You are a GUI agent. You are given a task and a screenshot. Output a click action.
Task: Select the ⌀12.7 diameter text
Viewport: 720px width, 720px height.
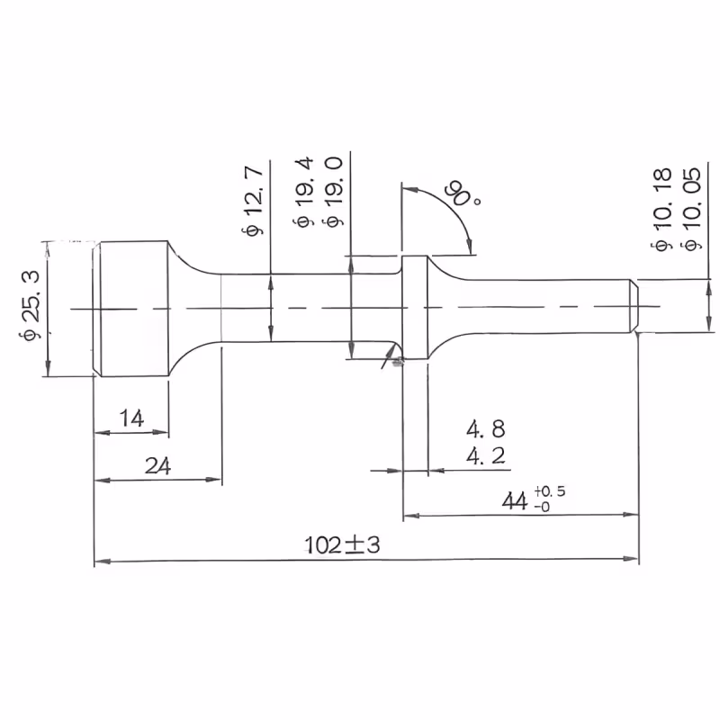(253, 201)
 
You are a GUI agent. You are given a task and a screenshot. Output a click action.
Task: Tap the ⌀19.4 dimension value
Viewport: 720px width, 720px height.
(303, 192)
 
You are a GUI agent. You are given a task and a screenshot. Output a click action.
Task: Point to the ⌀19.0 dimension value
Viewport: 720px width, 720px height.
(334, 192)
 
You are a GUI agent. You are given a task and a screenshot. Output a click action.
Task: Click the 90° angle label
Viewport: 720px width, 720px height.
(463, 194)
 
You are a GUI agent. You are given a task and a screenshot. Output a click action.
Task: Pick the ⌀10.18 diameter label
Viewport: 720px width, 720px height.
(662, 210)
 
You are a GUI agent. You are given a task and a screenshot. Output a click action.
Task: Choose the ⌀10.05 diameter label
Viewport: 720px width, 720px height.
(692, 209)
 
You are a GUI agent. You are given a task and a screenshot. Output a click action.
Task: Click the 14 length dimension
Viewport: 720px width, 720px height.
(131, 418)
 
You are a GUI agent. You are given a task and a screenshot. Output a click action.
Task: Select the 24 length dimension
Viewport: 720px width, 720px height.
(158, 465)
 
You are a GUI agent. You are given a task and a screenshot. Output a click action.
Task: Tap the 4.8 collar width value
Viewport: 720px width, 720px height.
(486, 429)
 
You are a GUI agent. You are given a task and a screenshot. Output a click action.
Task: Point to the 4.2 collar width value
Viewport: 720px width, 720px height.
(486, 456)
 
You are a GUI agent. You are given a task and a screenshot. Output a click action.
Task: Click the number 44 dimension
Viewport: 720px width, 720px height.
(515, 501)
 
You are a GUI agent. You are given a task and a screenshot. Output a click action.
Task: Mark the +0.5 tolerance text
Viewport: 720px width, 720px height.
(550, 491)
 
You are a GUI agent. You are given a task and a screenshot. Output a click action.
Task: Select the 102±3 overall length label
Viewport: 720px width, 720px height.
(343, 545)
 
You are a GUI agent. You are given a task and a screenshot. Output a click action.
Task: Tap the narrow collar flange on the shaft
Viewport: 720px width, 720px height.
(415, 307)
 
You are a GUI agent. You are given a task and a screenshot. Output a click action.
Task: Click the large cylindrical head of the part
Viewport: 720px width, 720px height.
(130, 309)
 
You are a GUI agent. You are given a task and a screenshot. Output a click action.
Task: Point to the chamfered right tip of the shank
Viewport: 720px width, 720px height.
(634, 306)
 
